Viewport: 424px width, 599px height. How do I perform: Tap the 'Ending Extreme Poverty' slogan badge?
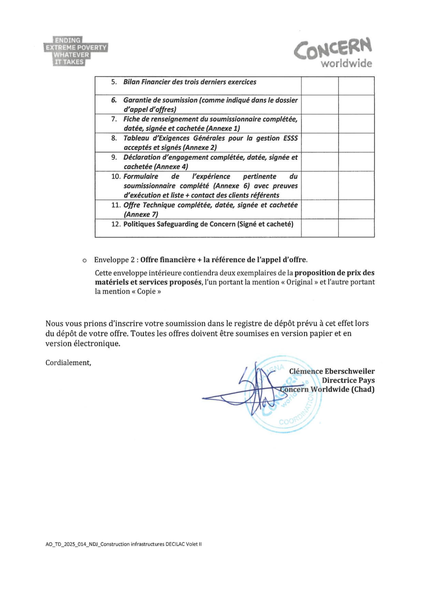(x=75, y=51)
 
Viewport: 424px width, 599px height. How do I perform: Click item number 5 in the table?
(x=114, y=82)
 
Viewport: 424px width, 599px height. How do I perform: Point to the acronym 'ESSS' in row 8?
(x=290, y=138)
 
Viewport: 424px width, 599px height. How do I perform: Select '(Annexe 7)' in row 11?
(x=141, y=214)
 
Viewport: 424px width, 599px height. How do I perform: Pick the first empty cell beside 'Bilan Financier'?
(x=320, y=86)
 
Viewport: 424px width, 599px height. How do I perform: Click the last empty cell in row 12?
(x=356, y=228)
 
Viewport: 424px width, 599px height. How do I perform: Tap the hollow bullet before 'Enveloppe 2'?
(x=84, y=260)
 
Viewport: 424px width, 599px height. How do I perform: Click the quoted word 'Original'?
(x=299, y=282)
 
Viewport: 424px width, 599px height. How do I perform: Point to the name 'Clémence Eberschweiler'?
(x=331, y=371)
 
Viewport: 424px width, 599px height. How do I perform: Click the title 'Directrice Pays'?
(x=348, y=380)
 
